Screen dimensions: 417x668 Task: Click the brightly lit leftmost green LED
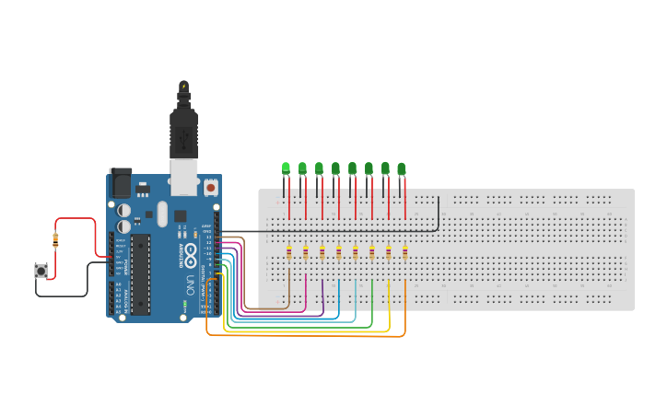[286, 168]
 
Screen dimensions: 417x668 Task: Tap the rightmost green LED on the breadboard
[401, 168]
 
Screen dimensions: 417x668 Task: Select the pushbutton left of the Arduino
[41, 270]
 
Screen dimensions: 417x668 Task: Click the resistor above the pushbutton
[55, 240]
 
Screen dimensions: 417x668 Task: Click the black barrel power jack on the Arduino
[120, 183]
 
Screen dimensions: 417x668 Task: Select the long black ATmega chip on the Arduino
[140, 274]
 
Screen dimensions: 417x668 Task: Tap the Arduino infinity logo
[190, 251]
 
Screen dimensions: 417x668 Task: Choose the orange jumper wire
[304, 336]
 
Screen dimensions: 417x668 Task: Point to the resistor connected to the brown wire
[289, 252]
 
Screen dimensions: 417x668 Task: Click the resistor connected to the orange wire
[404, 252]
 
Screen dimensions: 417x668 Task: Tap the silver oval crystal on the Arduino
[162, 214]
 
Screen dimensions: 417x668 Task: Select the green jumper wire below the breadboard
[304, 327]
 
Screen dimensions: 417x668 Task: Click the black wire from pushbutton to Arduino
[64, 295]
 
